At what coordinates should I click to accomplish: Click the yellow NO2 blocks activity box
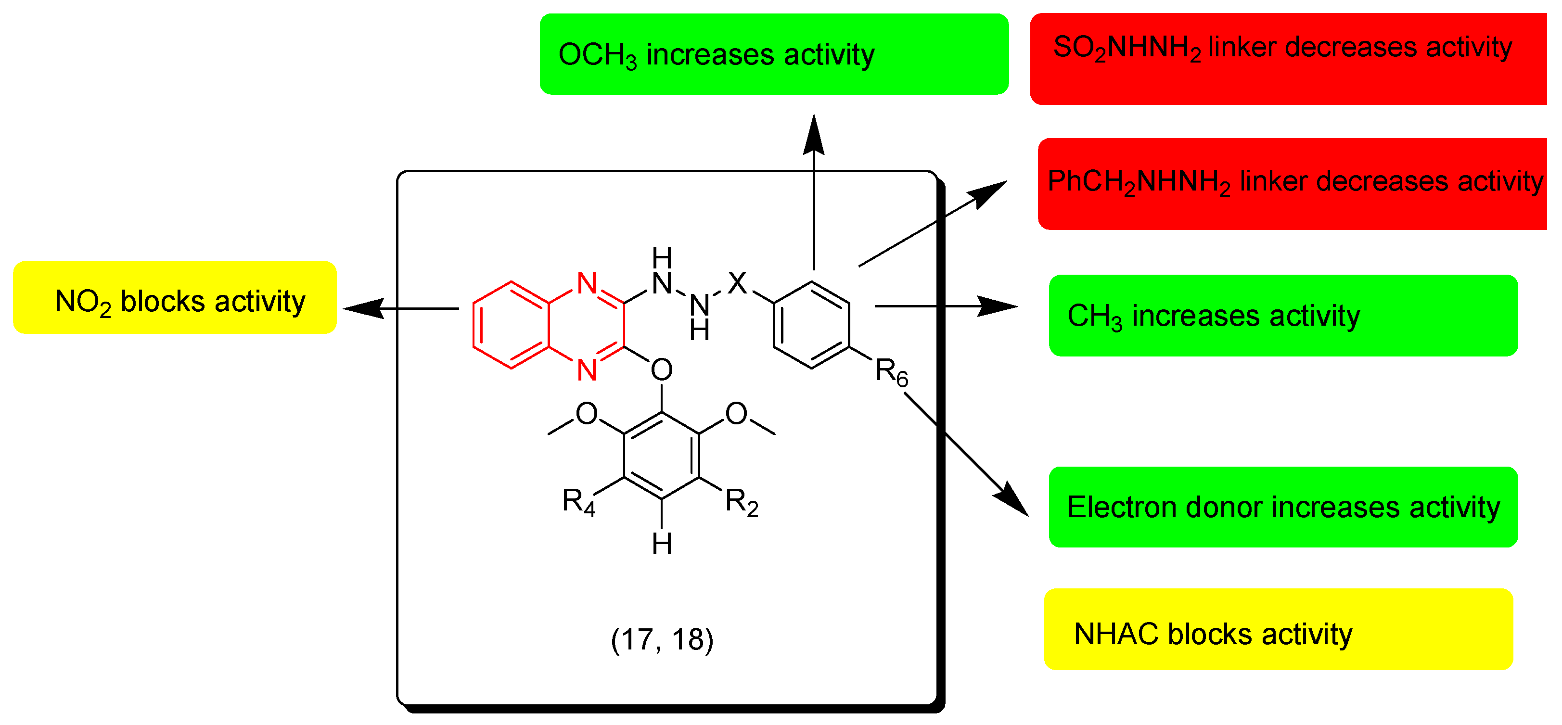click(175, 298)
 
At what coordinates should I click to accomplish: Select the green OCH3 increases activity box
click(774, 54)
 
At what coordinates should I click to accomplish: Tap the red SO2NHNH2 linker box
click(1288, 58)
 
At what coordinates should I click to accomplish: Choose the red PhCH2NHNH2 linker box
click(1292, 184)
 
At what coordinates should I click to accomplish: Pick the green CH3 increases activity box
click(1283, 315)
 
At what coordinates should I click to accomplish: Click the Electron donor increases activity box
click(1283, 507)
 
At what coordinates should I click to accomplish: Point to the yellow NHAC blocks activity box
click(1278, 629)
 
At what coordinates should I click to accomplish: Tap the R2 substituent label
click(742, 503)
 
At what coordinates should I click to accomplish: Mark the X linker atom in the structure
click(737, 282)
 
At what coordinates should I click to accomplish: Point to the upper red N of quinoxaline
click(587, 282)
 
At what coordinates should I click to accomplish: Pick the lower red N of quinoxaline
click(587, 370)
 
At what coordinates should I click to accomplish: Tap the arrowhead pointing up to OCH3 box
click(814, 130)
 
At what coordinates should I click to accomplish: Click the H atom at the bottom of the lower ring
click(662, 544)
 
